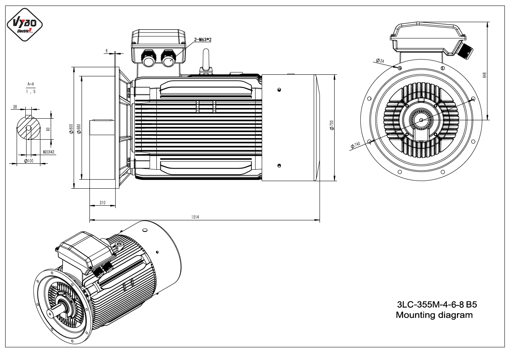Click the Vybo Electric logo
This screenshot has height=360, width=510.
click(x=25, y=25)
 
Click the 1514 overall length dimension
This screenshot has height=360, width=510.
click(x=195, y=217)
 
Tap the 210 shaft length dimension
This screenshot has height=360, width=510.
click(x=103, y=203)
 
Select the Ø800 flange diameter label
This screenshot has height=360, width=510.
click(x=71, y=129)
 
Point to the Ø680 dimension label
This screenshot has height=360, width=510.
click(x=79, y=129)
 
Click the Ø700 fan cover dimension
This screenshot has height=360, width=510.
click(x=331, y=125)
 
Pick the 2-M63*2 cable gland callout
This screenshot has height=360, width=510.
click(x=203, y=40)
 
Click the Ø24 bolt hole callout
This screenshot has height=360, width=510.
click(x=380, y=61)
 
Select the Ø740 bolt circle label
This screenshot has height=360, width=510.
click(x=355, y=145)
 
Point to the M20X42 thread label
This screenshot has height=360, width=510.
click(x=49, y=152)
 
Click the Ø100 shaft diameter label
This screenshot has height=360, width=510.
click(x=29, y=161)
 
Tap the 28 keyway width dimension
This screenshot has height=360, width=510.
click(x=15, y=107)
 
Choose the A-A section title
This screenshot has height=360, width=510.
click(x=31, y=84)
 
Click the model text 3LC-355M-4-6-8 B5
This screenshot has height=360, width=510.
click(x=437, y=305)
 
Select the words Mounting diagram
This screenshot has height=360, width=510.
click(x=434, y=315)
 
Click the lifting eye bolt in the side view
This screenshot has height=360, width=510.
click(x=206, y=61)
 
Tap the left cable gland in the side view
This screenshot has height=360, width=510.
click(x=148, y=59)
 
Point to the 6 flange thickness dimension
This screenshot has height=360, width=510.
click(x=107, y=51)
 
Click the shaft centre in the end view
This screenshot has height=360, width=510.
click(x=421, y=120)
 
